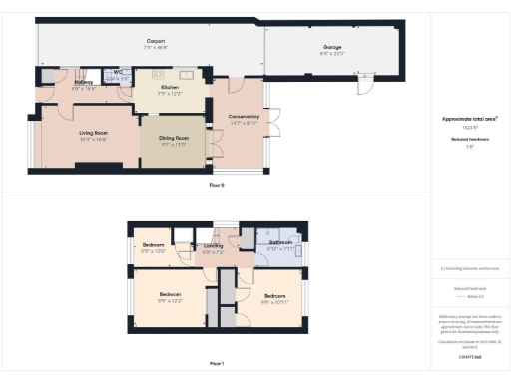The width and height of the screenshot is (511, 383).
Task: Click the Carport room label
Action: click(156, 41)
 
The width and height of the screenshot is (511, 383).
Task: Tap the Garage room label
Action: click(332, 46)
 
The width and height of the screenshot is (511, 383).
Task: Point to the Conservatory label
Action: click(244, 116)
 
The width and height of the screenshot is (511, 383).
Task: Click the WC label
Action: click(117, 72)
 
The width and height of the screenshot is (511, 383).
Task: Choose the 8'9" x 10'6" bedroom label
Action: click(153, 245)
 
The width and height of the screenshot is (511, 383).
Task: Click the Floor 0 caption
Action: click(217, 186)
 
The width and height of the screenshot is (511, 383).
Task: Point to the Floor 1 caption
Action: click(217, 363)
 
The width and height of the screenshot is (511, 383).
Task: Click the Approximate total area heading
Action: click(469, 118)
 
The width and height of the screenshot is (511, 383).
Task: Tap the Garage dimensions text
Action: click(332, 52)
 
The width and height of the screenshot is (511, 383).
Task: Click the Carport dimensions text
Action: click(156, 47)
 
